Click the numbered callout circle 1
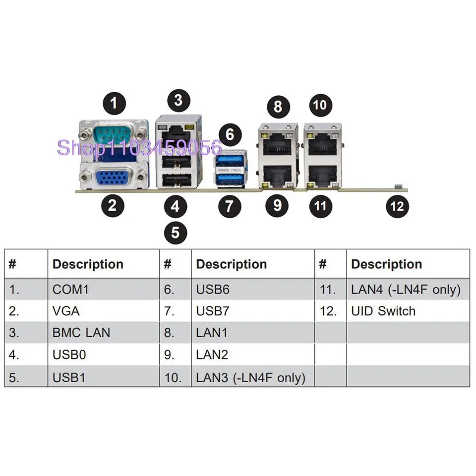click(x=114, y=103)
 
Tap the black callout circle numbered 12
click(x=397, y=206)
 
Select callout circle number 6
click(x=230, y=134)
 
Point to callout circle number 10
click(x=321, y=105)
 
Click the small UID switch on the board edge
click(x=398, y=186)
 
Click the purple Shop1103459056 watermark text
click(x=139, y=148)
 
